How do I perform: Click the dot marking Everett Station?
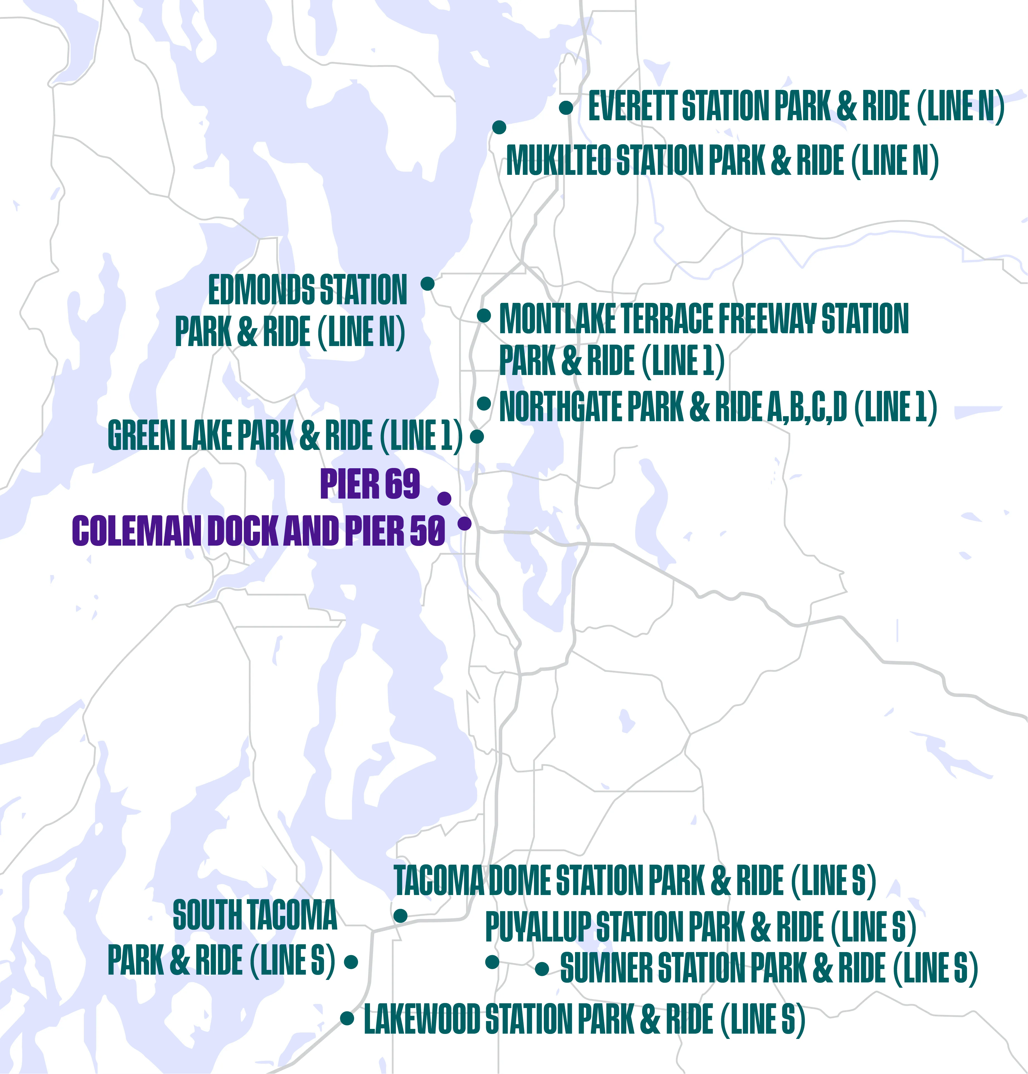point(566,107)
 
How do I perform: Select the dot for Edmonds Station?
point(427,284)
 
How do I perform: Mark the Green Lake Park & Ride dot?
point(477,437)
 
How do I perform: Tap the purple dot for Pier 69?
point(444,498)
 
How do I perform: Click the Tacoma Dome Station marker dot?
point(401,915)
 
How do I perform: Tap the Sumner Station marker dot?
point(542,969)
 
